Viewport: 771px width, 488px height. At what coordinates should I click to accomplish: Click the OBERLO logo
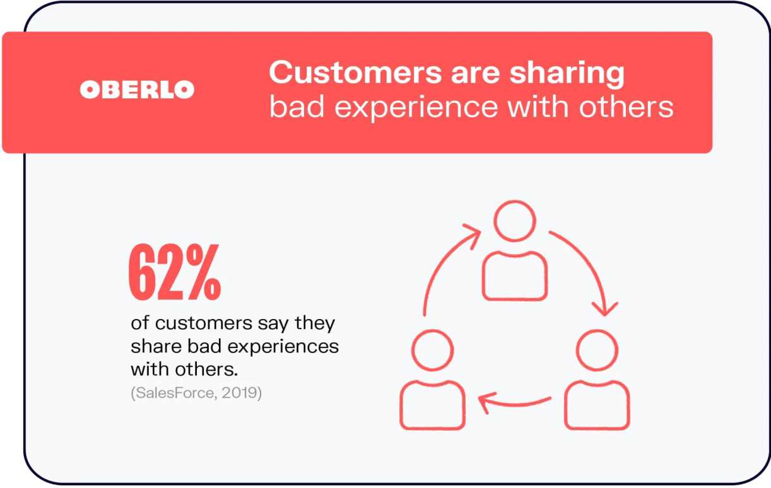click(137, 90)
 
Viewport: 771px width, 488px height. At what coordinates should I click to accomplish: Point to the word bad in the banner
click(297, 106)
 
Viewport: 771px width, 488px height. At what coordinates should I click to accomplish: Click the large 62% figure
click(175, 272)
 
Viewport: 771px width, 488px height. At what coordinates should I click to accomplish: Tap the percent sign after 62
click(203, 272)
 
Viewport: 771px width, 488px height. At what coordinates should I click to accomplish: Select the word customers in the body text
click(204, 323)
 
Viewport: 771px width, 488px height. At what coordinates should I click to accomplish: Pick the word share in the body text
click(156, 346)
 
